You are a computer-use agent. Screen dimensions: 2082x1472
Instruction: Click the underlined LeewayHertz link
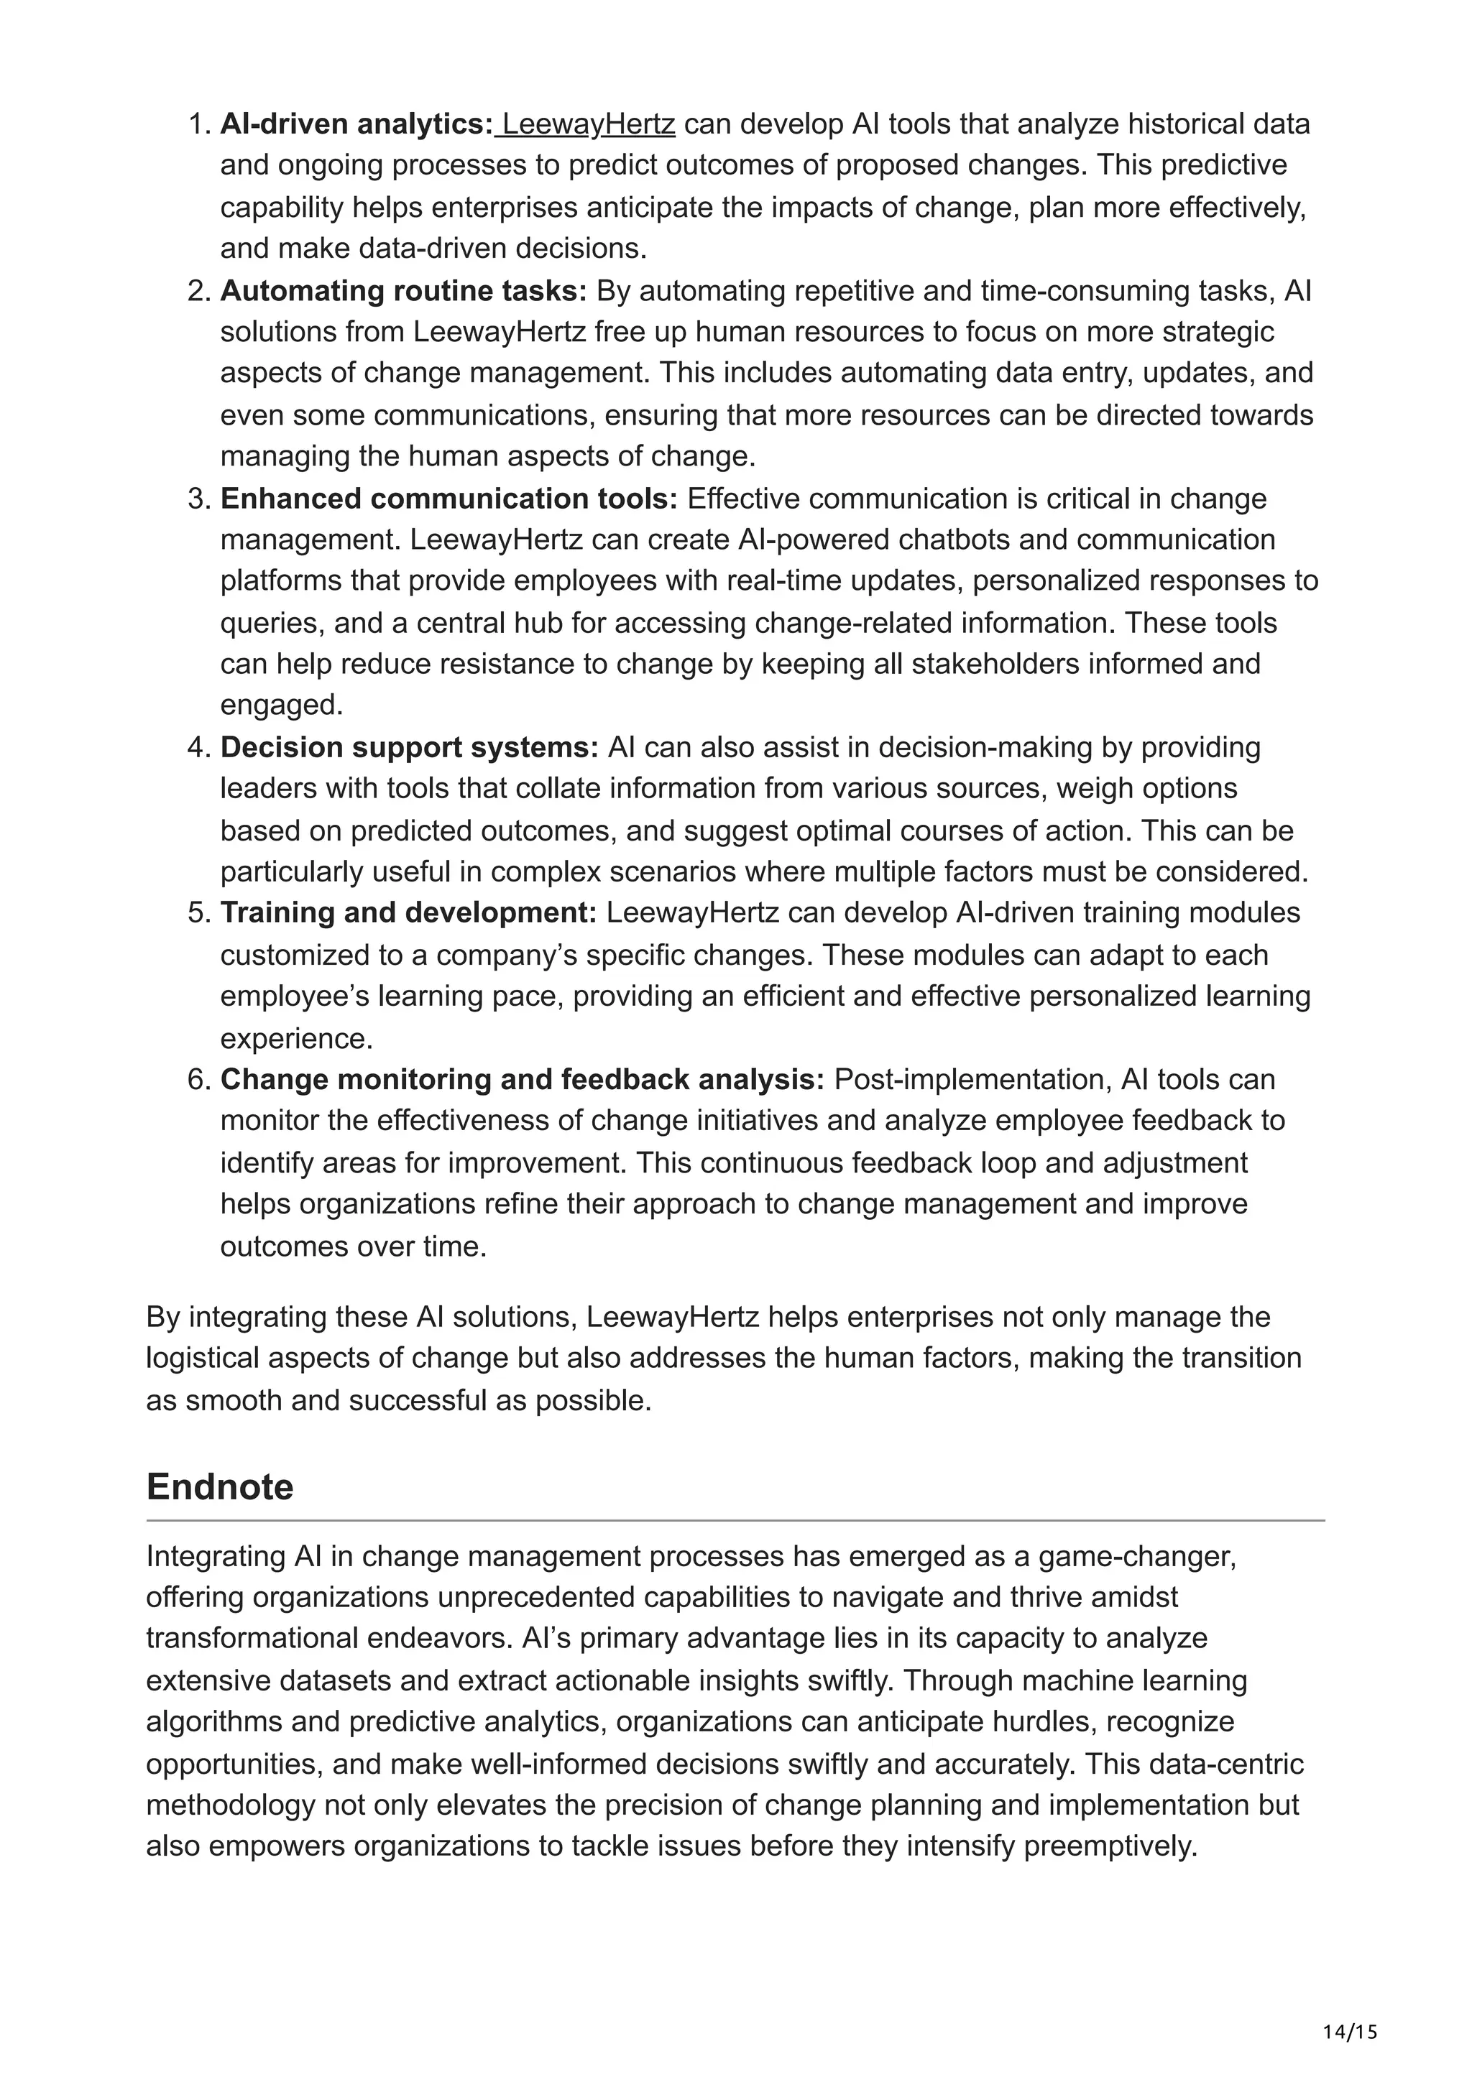[x=589, y=124]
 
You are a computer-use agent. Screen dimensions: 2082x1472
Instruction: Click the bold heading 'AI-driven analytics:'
[x=356, y=124]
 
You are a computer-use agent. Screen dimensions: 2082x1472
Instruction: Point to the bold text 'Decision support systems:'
[x=409, y=747]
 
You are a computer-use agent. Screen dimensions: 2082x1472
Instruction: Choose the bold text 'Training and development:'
[x=408, y=912]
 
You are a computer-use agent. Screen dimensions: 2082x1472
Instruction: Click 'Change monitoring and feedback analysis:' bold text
[x=523, y=1079]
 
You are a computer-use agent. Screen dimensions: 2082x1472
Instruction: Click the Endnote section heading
[x=219, y=1487]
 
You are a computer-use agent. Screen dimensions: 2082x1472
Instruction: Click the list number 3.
[x=198, y=499]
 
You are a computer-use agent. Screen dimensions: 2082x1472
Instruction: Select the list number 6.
[x=198, y=1079]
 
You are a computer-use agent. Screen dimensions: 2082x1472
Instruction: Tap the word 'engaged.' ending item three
[x=282, y=705]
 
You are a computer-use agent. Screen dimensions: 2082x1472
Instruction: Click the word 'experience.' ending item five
[x=297, y=1038]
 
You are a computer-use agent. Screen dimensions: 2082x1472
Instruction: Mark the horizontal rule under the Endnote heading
[x=735, y=1521]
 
